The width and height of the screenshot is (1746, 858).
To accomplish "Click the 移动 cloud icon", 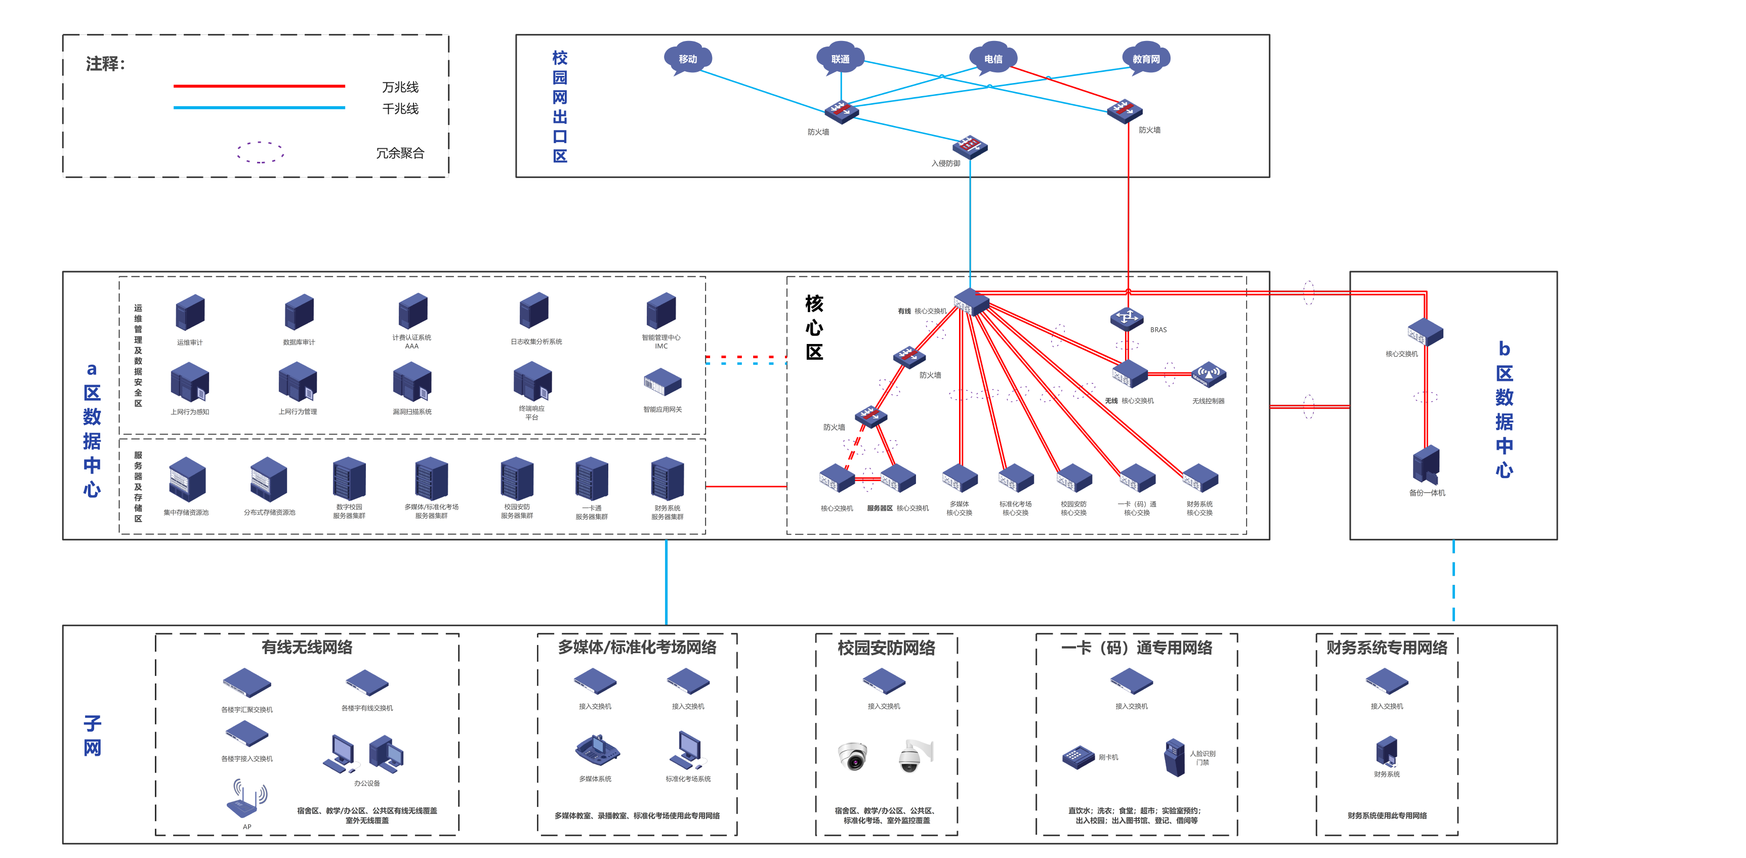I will click(687, 59).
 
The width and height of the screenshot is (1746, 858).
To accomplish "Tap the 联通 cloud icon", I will click(840, 59).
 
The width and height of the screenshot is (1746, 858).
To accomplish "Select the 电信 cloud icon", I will click(993, 59).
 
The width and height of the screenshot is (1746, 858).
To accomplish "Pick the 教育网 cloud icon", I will click(1145, 59).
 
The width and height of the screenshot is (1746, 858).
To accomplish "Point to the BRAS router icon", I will click(1127, 319).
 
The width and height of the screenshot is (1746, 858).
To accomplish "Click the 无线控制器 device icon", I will click(1209, 375).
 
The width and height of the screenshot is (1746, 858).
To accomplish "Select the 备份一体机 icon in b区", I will click(1426, 464).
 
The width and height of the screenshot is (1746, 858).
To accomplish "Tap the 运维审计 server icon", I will click(190, 313).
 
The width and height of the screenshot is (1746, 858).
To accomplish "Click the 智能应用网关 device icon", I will click(662, 383).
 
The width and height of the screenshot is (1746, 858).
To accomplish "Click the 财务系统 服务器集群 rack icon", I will click(668, 479).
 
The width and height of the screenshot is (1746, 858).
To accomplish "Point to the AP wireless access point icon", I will click(247, 800).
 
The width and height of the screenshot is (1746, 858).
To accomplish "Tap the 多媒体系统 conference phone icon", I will click(597, 750).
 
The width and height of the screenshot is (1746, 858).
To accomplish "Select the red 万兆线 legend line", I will click(259, 86).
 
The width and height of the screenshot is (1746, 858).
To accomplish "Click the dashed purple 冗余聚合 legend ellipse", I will click(260, 152).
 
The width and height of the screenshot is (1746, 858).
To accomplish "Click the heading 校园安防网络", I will click(886, 648).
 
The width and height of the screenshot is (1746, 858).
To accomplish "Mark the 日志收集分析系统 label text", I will click(536, 341).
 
